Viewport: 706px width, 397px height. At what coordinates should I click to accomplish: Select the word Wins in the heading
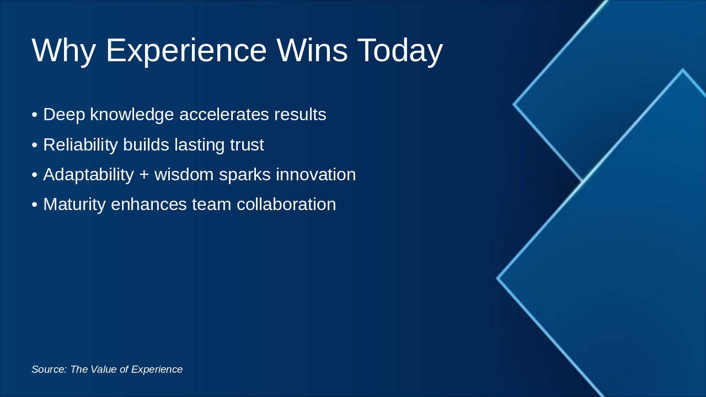(x=312, y=50)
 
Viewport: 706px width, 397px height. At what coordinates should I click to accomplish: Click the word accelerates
(x=224, y=114)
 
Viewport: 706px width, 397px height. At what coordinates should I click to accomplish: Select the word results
(x=300, y=114)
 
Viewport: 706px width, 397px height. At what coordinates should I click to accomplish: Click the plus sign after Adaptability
(x=144, y=175)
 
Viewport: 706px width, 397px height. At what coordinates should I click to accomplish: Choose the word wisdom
(x=184, y=175)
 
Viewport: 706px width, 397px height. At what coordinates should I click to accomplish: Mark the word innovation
(x=316, y=175)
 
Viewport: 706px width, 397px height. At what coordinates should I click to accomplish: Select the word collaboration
(x=286, y=205)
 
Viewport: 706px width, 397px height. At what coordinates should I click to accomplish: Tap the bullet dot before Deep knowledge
(x=35, y=115)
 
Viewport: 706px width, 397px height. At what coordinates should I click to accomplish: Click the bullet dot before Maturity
(x=35, y=205)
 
